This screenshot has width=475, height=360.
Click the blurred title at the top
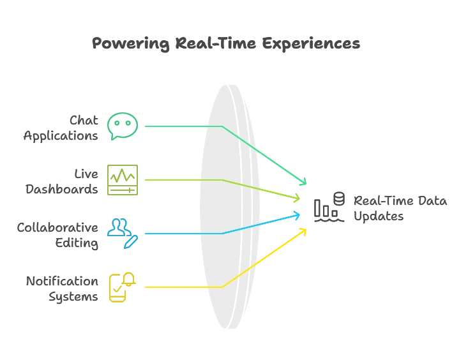(227, 43)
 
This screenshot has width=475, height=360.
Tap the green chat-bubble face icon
(122, 126)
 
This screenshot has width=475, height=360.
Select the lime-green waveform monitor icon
(122, 181)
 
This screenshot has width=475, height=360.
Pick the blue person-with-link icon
(122, 232)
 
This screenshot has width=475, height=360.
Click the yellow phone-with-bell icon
(122, 287)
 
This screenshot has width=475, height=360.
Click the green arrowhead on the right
(303, 182)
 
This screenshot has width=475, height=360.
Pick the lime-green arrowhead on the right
(296, 198)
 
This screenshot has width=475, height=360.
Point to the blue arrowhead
(297, 215)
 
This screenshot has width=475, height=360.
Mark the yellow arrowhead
(303, 231)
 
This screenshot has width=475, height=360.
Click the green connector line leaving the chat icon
(182, 126)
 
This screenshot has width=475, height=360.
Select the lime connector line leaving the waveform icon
(182, 181)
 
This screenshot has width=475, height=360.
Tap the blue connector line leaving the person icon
(182, 233)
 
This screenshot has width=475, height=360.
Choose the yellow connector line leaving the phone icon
(182, 288)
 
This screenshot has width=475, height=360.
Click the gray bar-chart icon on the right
(329, 207)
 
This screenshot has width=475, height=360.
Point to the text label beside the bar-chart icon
(401, 209)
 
